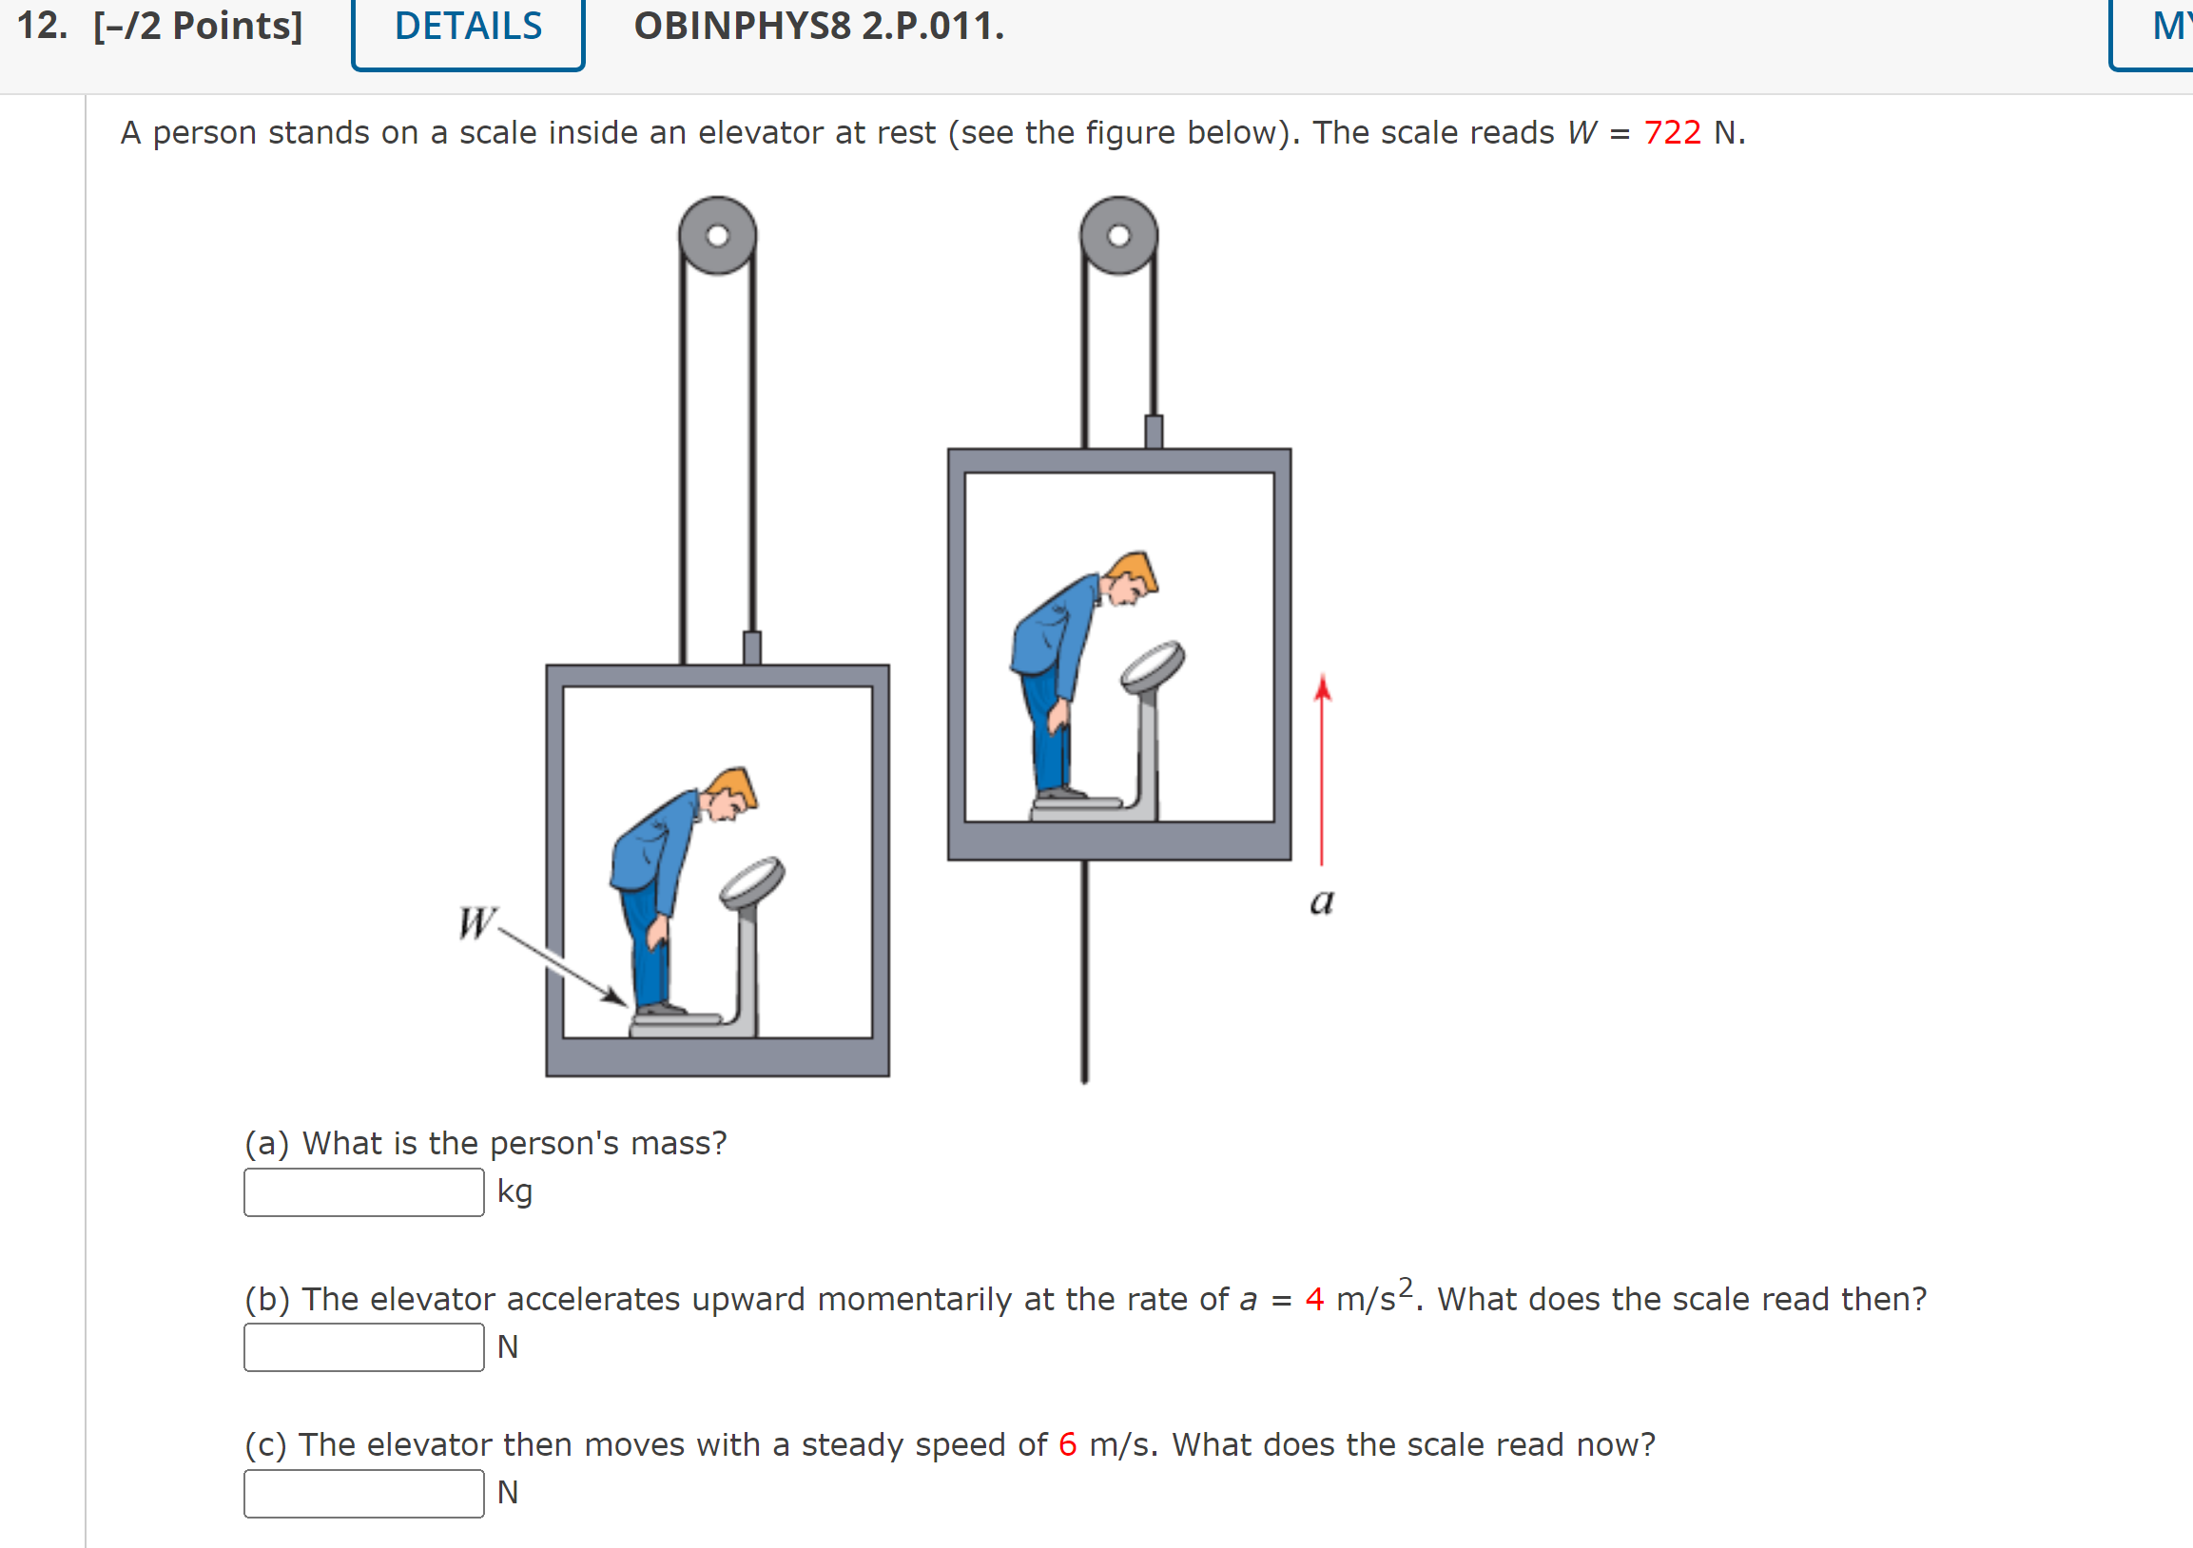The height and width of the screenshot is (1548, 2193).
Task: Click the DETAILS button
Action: coord(468,27)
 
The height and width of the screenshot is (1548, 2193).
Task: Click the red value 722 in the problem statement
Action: coord(1672,133)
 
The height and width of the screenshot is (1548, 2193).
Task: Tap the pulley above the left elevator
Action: coord(717,236)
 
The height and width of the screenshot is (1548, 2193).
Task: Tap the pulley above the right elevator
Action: coord(1118,236)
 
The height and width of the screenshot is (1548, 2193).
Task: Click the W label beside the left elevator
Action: coord(475,922)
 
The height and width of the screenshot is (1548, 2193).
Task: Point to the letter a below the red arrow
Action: coord(1322,900)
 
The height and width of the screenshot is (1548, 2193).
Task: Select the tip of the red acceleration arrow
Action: coord(1323,680)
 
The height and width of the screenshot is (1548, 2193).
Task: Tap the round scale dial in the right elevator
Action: coord(1153,666)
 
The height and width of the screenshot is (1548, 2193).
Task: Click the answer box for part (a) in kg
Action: coord(364,1191)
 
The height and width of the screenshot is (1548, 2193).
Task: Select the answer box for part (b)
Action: coord(364,1347)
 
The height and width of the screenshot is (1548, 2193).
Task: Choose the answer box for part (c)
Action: coord(364,1493)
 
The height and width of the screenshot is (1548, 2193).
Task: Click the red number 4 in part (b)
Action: coord(1314,1300)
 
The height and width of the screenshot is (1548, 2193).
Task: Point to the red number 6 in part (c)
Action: coord(1068,1445)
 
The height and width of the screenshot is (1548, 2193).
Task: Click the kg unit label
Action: coord(514,1192)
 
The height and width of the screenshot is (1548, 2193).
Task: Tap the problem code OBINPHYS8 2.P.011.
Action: coord(819,27)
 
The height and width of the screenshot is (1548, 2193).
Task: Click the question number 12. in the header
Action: coord(42,27)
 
